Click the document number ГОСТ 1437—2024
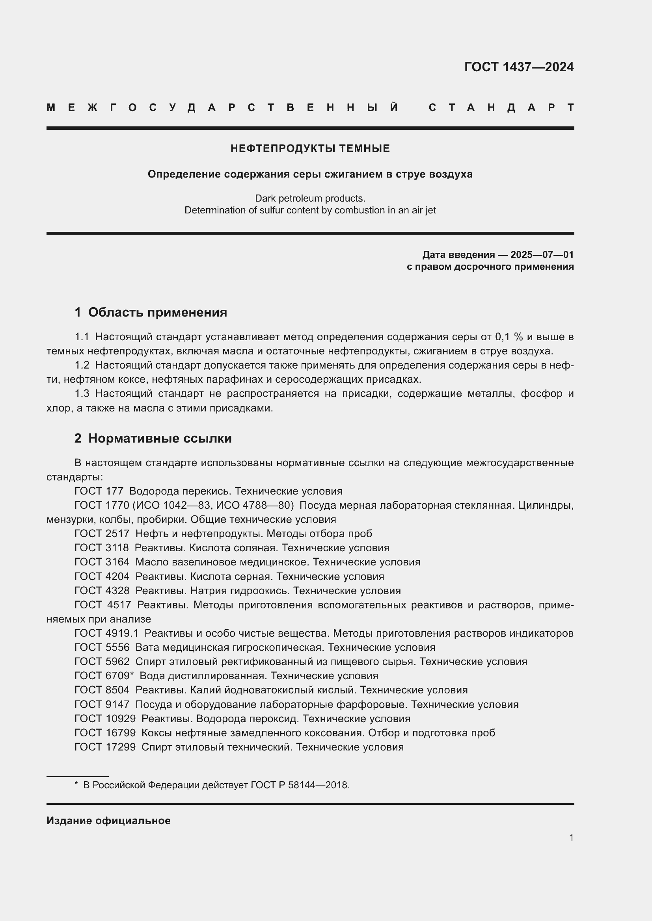point(519,67)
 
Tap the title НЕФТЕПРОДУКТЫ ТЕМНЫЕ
point(310,149)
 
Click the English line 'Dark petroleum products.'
point(310,198)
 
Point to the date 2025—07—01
point(542,255)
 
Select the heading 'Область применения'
point(157,313)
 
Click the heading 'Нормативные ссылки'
point(160,438)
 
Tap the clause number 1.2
point(82,365)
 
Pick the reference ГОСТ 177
point(99,491)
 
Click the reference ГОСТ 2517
point(102,534)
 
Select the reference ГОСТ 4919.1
point(106,633)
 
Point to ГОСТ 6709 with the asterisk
point(104,676)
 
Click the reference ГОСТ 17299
point(105,747)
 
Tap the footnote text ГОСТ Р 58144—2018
point(300,785)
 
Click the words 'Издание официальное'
point(108,821)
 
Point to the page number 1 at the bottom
point(571,838)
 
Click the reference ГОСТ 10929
point(105,719)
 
